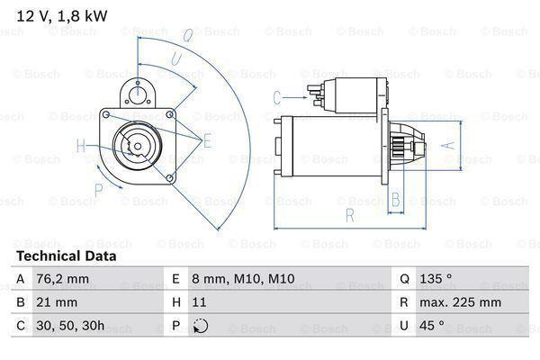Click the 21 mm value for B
click(55, 302)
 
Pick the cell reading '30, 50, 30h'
click(71, 326)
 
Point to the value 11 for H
click(201, 302)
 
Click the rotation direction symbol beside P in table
click(200, 326)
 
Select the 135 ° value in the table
click(438, 280)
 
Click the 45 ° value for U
click(435, 326)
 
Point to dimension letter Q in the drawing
click(188, 36)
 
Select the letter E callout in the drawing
click(207, 139)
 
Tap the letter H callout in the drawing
click(81, 146)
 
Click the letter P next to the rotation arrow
click(100, 190)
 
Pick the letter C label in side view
click(277, 96)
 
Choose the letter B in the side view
click(394, 200)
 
